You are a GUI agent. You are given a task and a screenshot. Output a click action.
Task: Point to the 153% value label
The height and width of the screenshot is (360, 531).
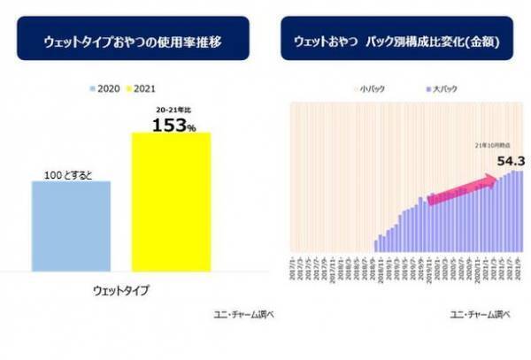(173, 124)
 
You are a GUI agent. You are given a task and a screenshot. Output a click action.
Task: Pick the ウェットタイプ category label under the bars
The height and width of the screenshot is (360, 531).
(121, 290)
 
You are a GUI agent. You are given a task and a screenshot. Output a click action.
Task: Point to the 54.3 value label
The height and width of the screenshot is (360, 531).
(512, 161)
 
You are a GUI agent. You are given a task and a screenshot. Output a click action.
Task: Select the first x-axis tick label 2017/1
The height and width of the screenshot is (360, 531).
(293, 266)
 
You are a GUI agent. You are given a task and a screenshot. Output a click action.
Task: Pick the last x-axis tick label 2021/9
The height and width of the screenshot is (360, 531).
(521, 266)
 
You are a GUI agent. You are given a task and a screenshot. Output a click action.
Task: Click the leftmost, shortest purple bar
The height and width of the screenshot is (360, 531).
(376, 245)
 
